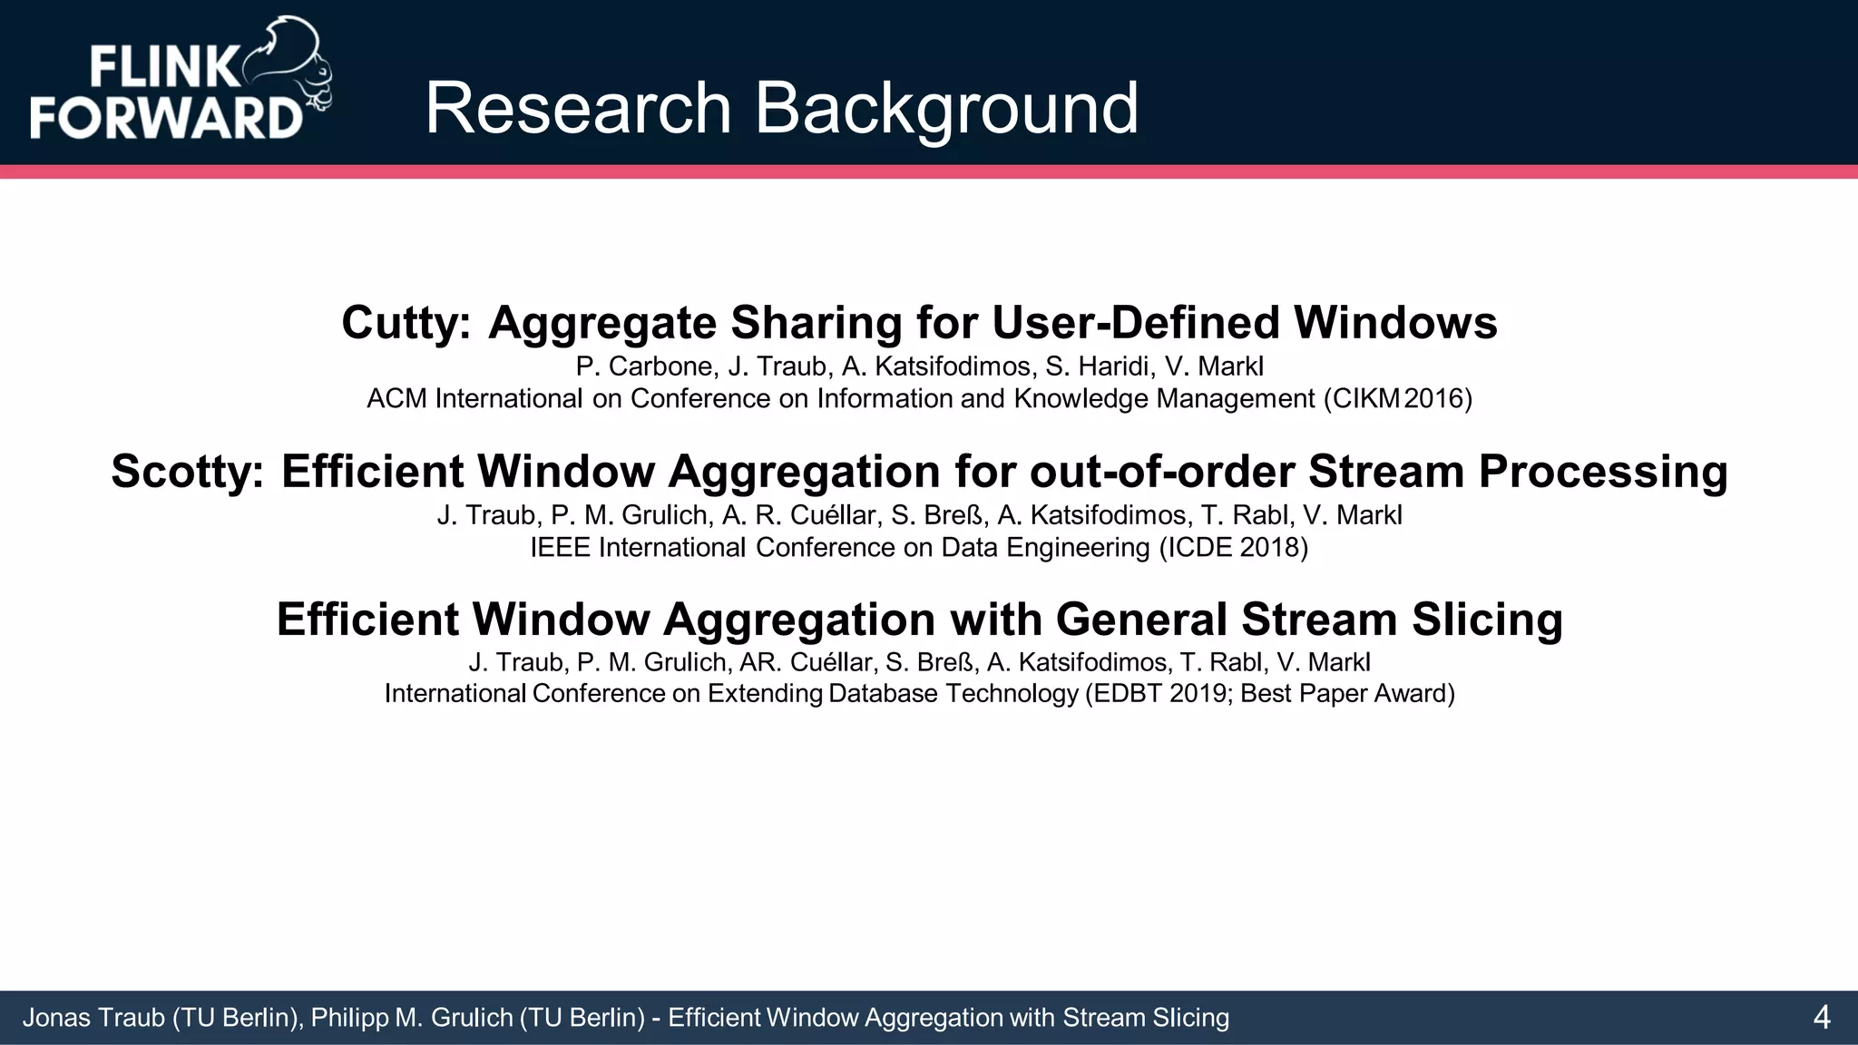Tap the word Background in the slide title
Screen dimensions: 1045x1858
point(946,109)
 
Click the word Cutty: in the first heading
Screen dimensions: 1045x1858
point(406,323)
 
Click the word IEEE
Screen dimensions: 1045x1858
point(560,548)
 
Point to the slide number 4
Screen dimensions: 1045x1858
point(1821,1018)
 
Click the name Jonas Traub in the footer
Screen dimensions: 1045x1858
point(93,1018)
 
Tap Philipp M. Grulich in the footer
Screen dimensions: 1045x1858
point(412,1018)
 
